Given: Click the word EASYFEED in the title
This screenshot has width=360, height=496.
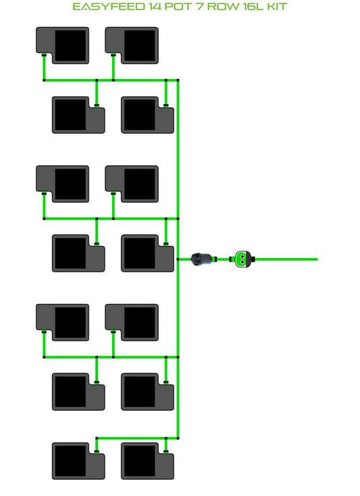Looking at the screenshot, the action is point(109,7).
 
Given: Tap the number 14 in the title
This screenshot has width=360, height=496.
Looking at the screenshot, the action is point(155,7).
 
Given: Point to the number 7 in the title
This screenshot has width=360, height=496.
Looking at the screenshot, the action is point(200,7).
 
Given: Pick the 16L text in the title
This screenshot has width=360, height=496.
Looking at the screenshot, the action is point(253,7).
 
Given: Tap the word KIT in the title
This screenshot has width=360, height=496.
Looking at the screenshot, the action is point(277,7).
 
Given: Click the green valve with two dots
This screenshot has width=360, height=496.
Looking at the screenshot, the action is point(242,259).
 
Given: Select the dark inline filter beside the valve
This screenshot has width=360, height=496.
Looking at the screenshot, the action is point(202,259).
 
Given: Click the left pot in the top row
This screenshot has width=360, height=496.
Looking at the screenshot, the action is point(63,45).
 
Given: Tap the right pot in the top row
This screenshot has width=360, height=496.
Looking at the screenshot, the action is point(132,45).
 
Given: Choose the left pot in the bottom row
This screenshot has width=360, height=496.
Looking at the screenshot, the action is point(78,461).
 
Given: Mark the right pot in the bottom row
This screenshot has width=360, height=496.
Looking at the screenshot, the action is point(148,461).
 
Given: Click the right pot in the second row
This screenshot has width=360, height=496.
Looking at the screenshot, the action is point(148,115).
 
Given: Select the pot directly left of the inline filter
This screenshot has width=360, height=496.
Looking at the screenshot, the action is point(148,253).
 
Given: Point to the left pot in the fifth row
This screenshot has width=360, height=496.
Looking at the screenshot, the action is point(63,322).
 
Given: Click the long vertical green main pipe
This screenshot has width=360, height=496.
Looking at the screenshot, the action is point(178,259).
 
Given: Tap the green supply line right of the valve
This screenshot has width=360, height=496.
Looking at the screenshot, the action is point(286,259).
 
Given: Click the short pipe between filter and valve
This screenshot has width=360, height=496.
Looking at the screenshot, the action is point(224,259).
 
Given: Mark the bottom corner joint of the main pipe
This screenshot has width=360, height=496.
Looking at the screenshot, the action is point(178,438).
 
